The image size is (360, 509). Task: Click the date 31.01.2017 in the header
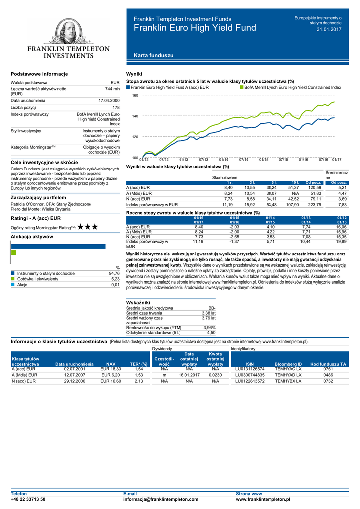[x=329, y=30]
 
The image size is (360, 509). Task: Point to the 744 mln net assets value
[x=112, y=89]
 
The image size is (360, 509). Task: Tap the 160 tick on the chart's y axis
[x=135, y=95]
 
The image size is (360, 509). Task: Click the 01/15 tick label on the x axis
[x=264, y=159]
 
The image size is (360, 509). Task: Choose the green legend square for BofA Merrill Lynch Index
[x=242, y=87]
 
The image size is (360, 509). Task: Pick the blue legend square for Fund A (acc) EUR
[x=128, y=87]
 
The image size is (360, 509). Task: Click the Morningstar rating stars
[x=88, y=227]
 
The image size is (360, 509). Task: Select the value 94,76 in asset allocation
[x=114, y=273]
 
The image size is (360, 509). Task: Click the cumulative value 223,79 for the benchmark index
[x=314, y=204]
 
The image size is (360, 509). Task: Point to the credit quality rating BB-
[x=211, y=308]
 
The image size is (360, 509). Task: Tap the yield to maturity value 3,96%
[x=209, y=327]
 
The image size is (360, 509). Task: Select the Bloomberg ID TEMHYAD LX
[x=288, y=375]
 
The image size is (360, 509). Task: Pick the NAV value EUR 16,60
[x=111, y=381]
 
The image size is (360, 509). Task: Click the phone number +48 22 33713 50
[x=28, y=499]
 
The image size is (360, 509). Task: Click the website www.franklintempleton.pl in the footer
[x=263, y=499]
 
